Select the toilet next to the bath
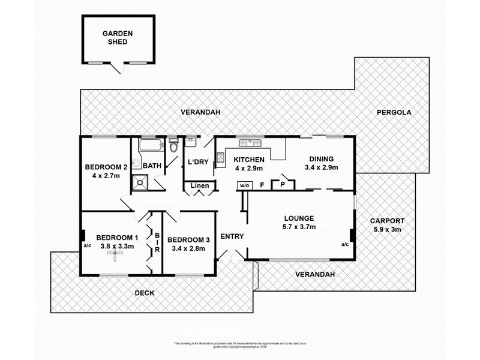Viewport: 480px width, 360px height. coord(173,145)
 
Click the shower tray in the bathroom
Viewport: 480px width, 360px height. coord(140,181)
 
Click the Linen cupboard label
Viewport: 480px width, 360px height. coord(200,186)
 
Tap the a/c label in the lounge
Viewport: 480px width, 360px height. coord(344,244)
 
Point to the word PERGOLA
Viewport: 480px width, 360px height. coord(394,112)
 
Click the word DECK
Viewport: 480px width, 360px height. coord(145,293)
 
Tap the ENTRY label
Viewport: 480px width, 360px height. coord(232,236)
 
